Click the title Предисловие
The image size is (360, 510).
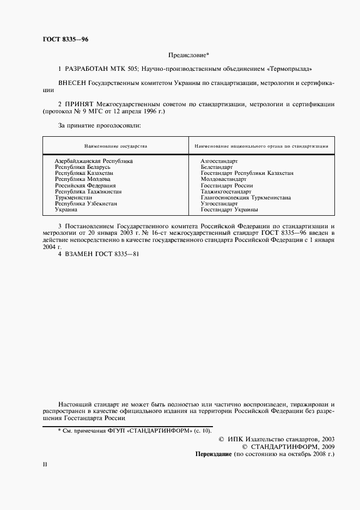(x=185, y=56)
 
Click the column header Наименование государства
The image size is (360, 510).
(x=115, y=146)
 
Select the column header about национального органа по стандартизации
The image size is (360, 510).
(x=261, y=146)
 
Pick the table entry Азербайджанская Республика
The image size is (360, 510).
(x=94, y=161)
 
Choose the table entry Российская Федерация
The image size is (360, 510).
(x=85, y=185)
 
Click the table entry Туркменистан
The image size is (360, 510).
(x=74, y=197)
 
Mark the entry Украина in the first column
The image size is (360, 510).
(x=66, y=209)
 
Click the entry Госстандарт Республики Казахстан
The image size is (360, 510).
(x=247, y=173)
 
